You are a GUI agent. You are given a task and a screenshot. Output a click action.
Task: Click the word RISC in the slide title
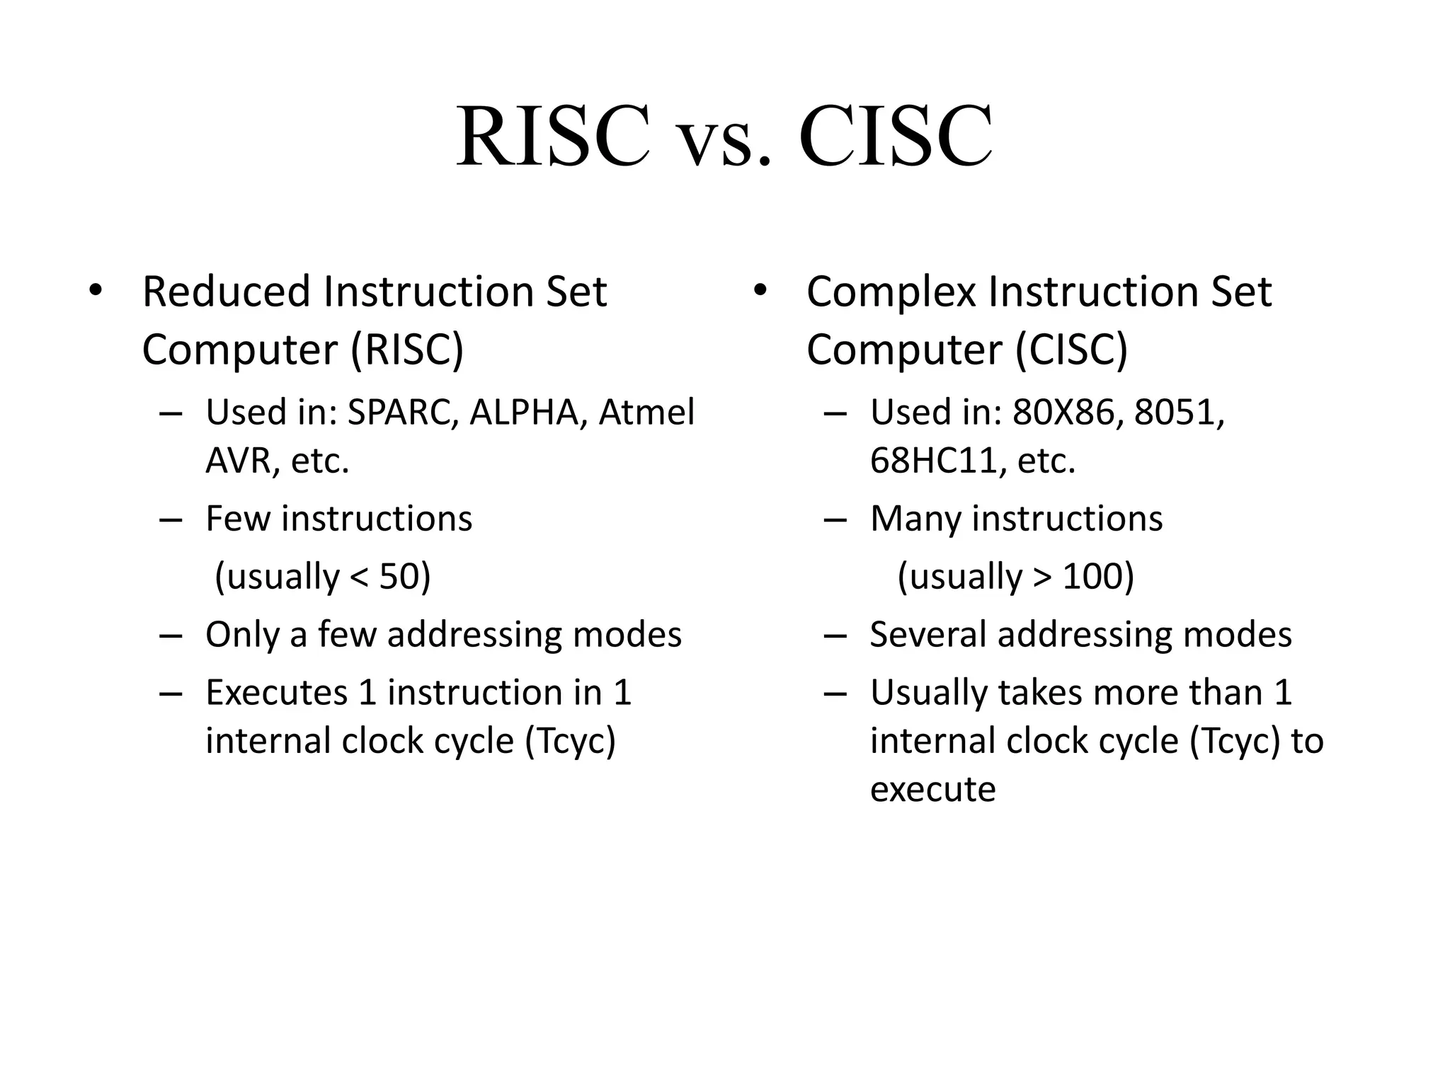(x=552, y=136)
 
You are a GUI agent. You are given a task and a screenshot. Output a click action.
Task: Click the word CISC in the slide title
(x=895, y=136)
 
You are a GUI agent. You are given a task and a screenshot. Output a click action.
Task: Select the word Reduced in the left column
(x=227, y=292)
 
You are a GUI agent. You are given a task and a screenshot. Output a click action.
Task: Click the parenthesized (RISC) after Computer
(x=407, y=350)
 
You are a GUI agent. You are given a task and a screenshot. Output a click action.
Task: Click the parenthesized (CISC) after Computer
(x=1071, y=350)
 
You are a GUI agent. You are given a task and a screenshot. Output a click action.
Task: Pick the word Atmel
(x=646, y=413)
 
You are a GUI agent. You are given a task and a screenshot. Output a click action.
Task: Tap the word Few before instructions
(x=238, y=519)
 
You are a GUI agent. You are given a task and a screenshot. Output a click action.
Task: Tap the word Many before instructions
(x=915, y=519)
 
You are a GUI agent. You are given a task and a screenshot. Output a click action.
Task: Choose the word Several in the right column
(x=927, y=635)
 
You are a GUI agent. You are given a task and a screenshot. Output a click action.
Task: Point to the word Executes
(x=276, y=693)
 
